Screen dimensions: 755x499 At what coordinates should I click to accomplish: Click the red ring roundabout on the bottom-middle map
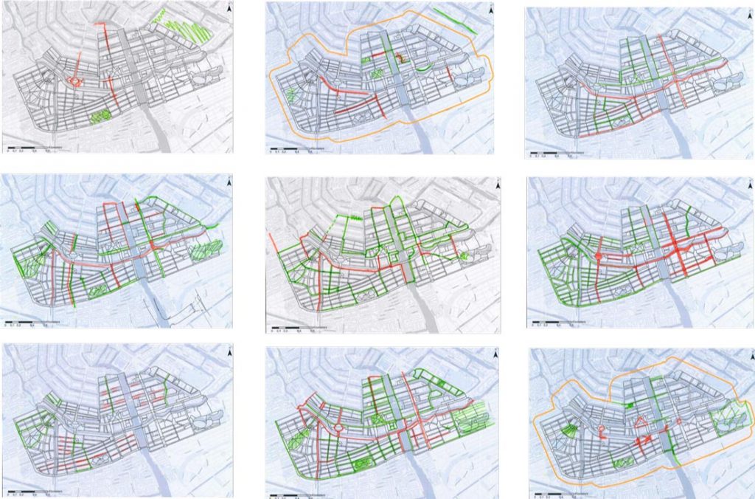(x=338, y=426)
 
